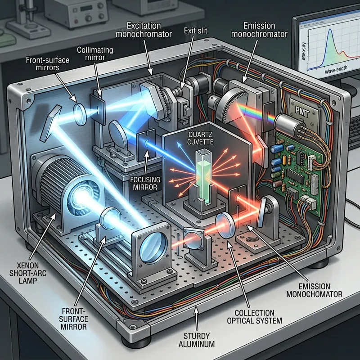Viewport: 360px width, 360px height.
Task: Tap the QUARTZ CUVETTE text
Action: (200, 138)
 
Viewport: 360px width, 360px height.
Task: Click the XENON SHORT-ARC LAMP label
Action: (27, 273)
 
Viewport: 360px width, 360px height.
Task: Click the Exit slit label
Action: (196, 31)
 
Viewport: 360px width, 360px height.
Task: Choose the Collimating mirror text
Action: (95, 54)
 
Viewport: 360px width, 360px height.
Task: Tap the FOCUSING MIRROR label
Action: (145, 183)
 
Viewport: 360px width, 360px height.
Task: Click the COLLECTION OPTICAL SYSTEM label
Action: (254, 317)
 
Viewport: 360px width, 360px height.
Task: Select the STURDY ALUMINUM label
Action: (197, 340)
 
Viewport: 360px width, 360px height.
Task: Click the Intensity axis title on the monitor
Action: (303, 51)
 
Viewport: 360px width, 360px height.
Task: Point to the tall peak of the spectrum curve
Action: (330, 29)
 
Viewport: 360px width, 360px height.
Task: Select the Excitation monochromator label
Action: (144, 30)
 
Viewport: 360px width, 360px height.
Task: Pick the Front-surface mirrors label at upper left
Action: (48, 63)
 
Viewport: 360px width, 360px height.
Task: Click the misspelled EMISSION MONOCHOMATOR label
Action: (314, 290)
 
